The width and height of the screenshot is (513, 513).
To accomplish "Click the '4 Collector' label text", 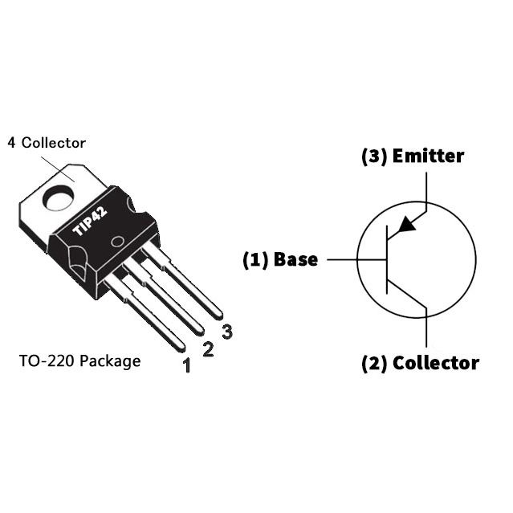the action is pyautogui.click(x=47, y=143).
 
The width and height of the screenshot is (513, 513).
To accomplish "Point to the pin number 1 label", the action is pyautogui.click(x=186, y=367).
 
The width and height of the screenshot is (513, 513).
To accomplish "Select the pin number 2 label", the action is pyautogui.click(x=207, y=349).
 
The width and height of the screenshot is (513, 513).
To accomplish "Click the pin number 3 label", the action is pyautogui.click(x=227, y=331).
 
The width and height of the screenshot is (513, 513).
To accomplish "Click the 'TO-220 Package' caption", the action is pyautogui.click(x=79, y=360).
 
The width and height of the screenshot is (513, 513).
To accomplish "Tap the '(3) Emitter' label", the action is pyautogui.click(x=413, y=156).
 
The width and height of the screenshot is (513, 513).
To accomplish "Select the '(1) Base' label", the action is pyautogui.click(x=280, y=259).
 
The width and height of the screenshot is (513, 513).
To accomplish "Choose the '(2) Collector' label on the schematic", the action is pyautogui.click(x=420, y=363).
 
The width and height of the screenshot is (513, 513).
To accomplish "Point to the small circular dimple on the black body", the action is pyautogui.click(x=117, y=242).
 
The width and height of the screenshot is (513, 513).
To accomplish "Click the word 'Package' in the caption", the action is pyautogui.click(x=112, y=360).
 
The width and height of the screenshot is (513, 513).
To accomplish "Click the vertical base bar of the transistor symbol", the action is pyautogui.click(x=387, y=259).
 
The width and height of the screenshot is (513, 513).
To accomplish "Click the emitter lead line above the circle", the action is pyautogui.click(x=425, y=186).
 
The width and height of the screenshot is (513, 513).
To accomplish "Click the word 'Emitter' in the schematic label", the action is pyautogui.click(x=428, y=156).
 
